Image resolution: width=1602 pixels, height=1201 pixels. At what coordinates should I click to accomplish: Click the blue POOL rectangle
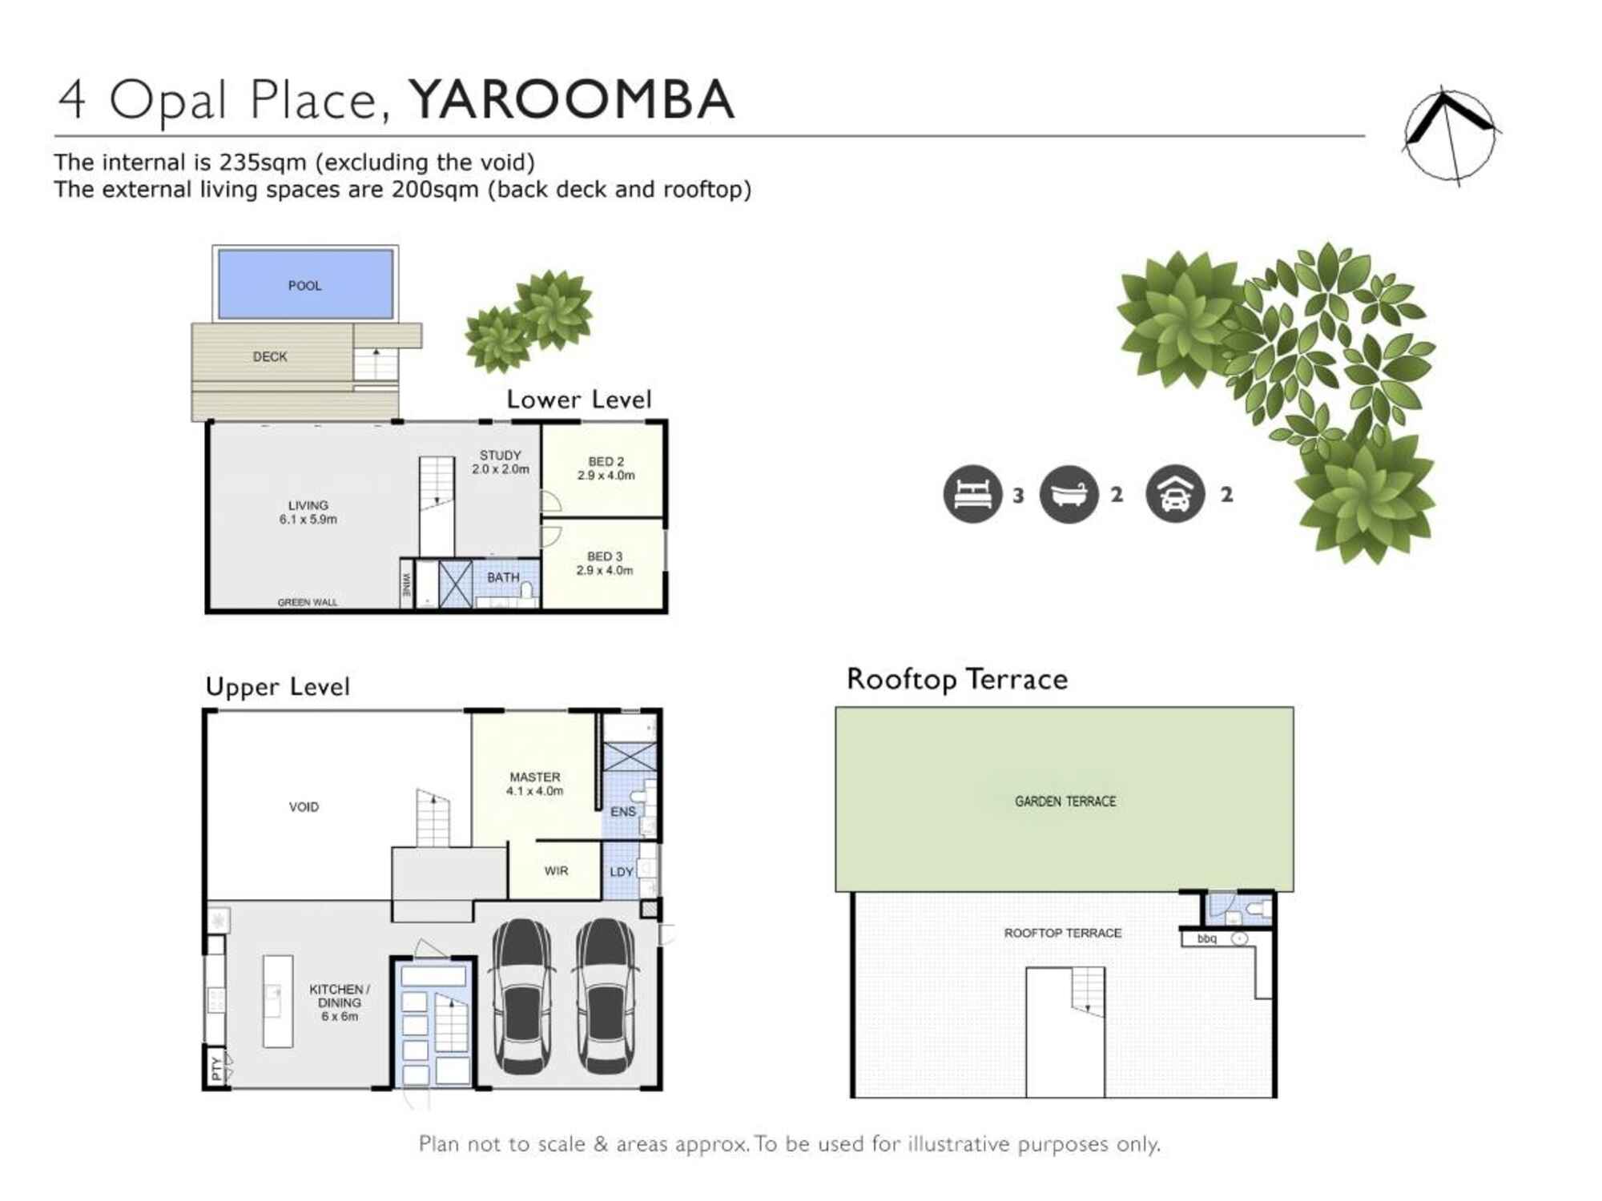pos(305,284)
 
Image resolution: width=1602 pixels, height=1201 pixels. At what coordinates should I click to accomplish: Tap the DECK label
pos(270,356)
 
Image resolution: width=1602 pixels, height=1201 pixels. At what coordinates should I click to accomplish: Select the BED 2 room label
pos(606,468)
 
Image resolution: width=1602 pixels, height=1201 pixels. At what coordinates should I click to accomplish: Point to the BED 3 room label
pos(605,563)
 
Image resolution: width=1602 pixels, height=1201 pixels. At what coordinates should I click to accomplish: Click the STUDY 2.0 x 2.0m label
pos(500,462)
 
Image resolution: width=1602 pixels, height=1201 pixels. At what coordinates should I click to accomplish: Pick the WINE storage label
pos(407,584)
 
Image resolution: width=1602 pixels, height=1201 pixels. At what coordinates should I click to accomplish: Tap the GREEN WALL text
pos(308,602)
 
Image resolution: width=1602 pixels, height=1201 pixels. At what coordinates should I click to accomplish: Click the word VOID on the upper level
pos(304,807)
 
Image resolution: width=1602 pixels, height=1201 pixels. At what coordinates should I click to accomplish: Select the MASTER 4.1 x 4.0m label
pos(534,784)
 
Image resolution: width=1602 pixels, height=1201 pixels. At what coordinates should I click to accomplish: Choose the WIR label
pos(556,870)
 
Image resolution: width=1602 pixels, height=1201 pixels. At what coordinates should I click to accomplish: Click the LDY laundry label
pos(622,872)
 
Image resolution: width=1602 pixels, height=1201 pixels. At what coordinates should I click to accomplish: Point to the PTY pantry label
pos(215,1067)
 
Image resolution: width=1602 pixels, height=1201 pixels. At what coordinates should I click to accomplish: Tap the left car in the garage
pos(522,997)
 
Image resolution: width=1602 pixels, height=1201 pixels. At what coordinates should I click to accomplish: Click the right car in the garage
pos(606,997)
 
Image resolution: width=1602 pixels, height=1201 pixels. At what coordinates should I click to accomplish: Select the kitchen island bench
pos(278,1001)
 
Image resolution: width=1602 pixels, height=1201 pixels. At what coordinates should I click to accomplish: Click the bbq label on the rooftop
pos(1206,938)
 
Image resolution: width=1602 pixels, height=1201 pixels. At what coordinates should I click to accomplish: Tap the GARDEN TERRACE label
pos(1065,801)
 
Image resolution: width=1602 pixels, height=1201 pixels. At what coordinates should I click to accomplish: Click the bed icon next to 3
pos(972,494)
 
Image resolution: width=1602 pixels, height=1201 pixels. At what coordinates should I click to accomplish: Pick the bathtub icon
pos(1069,494)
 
